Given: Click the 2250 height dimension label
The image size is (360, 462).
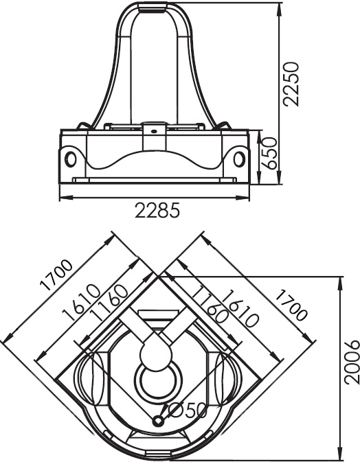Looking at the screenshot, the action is [x=291, y=84].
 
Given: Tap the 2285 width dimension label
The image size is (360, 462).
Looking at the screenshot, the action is [x=157, y=210].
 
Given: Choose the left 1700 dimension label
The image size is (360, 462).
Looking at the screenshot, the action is [x=56, y=275].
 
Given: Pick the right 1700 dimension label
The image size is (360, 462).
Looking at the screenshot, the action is [x=291, y=305].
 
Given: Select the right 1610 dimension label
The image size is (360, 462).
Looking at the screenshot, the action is [x=241, y=309].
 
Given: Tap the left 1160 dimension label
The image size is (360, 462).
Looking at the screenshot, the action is [x=109, y=303].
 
